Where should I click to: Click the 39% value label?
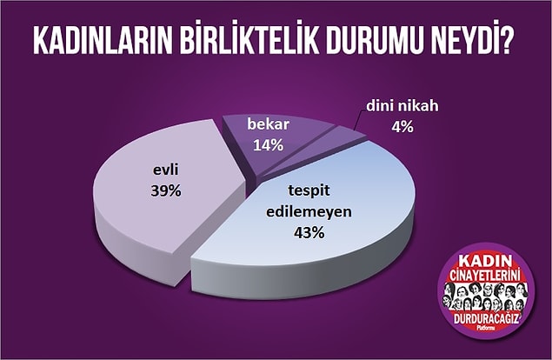pyautogui.click(x=166, y=190)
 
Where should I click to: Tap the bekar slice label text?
pyautogui.click(x=269, y=124)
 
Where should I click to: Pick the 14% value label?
pyautogui.click(x=269, y=144)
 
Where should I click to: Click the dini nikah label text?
pyautogui.click(x=402, y=106)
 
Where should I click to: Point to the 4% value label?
pyautogui.click(x=402, y=127)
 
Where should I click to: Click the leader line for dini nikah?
pyautogui.click(x=357, y=122)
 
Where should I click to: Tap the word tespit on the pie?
pyautogui.click(x=309, y=190)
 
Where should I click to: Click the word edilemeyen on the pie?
pyautogui.click(x=309, y=211)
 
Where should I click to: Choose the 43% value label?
pyautogui.click(x=309, y=232)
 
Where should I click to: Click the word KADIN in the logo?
pyautogui.click(x=485, y=262)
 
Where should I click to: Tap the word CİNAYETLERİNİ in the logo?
pyautogui.click(x=485, y=275)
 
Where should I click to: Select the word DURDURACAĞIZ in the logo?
pyautogui.click(x=486, y=319)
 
